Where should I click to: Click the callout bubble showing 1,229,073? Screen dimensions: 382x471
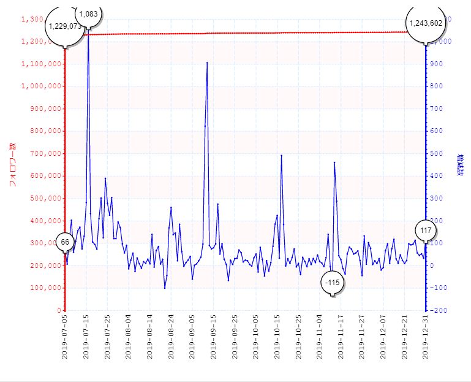(64, 26)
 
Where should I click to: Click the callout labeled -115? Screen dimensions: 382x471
(333, 282)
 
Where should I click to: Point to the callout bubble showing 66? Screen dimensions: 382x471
(65, 242)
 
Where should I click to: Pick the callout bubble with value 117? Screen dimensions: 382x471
(426, 231)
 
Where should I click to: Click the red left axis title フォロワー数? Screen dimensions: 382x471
(12, 164)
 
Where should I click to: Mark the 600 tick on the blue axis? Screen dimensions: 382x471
(440, 131)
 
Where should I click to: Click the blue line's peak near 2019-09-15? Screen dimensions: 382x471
(207, 63)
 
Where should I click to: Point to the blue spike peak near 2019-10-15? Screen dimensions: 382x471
(281, 156)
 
